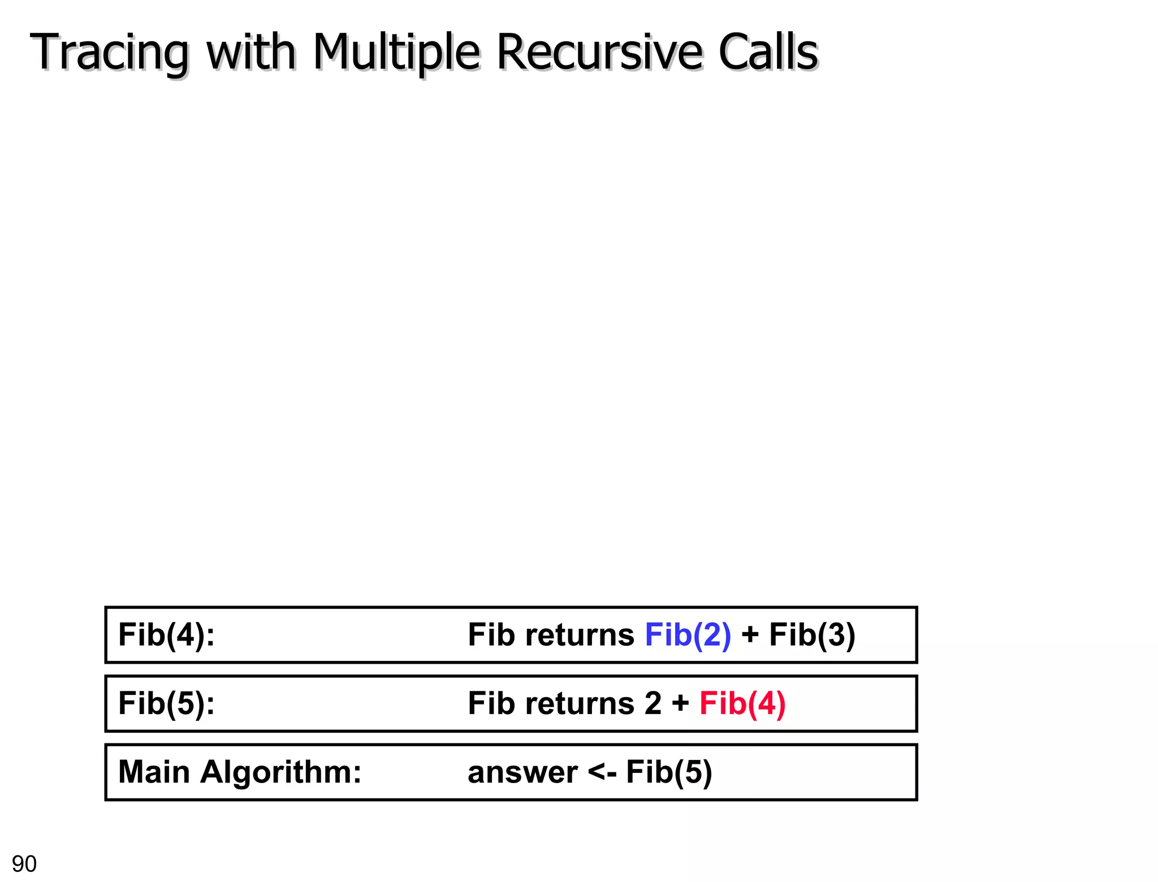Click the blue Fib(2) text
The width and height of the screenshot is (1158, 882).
pos(688,635)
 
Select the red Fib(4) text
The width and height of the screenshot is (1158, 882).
pos(742,704)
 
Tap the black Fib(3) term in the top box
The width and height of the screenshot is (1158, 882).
pos(812,635)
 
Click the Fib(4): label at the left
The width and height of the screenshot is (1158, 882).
pos(166,635)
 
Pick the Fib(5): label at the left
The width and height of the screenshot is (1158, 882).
pos(166,704)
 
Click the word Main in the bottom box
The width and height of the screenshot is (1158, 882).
pos(154,772)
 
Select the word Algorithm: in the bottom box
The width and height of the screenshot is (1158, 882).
pos(280,772)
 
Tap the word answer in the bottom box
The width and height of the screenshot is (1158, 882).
pos(522,773)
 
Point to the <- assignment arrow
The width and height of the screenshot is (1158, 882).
pos(602,773)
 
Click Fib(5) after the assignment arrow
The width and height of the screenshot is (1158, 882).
pos(669,773)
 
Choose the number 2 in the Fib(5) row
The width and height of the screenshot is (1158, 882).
pos(653,704)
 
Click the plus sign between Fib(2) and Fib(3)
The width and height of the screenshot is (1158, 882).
pos(750,635)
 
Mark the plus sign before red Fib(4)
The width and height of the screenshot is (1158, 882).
pos(680,704)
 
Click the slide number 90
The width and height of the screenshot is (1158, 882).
pos(24,864)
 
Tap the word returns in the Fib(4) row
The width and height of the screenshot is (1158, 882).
pos(580,635)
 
